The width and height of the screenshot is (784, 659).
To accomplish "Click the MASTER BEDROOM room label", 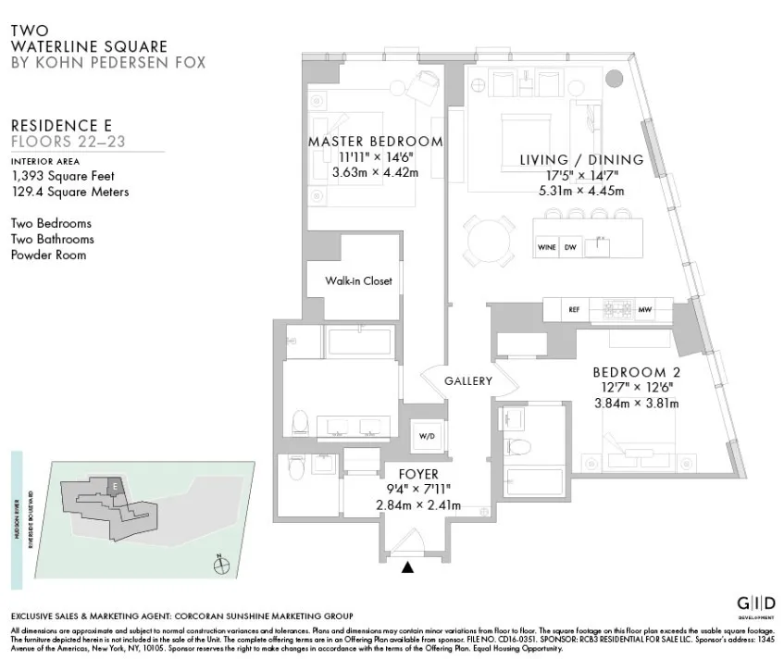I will point(375,142).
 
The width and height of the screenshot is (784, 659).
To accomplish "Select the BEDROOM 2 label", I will point(636,372).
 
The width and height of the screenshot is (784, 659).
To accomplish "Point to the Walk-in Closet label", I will point(357,280).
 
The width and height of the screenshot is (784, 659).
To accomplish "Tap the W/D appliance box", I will point(428,435).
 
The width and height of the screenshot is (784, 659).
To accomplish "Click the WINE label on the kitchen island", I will point(547,248).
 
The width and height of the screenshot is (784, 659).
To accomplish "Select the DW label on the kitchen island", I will point(570,248).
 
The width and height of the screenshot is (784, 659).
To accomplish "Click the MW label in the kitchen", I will point(644,310).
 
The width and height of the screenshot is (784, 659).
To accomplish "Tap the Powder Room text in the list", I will point(48,255).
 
